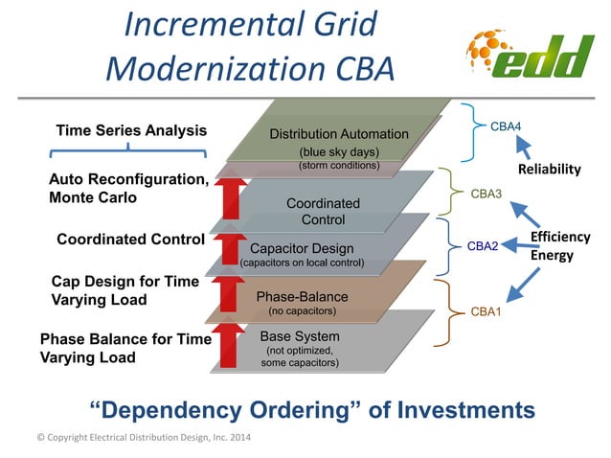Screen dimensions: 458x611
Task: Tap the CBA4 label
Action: click(x=505, y=126)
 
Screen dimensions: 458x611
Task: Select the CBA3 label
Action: click(x=486, y=194)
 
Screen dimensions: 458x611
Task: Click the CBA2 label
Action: click(x=483, y=246)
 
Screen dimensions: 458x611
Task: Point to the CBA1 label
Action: click(x=486, y=311)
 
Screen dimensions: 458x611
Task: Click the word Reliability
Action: click(x=549, y=169)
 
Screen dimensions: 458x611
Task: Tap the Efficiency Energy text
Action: click(x=559, y=246)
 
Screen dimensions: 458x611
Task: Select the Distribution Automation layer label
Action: click(x=338, y=134)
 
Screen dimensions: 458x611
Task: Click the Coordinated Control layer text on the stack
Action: click(x=323, y=212)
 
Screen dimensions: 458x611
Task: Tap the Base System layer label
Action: click(x=299, y=336)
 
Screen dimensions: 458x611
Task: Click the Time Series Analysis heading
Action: click(x=131, y=130)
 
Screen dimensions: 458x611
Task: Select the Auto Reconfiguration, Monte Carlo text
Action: click(x=127, y=188)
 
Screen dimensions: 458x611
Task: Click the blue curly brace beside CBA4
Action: click(x=470, y=133)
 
